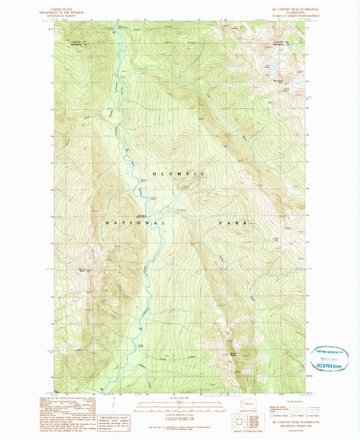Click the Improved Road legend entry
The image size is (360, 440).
(x=279, y=406)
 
